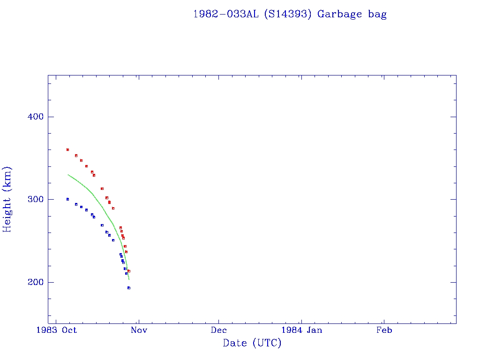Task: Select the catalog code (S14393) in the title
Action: (x=288, y=14)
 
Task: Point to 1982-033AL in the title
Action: (x=226, y=14)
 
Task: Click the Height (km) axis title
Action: (x=7, y=199)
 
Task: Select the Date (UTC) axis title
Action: (x=252, y=343)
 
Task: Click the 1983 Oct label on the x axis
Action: (x=57, y=330)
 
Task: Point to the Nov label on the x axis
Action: (x=139, y=330)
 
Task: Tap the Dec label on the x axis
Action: (x=219, y=330)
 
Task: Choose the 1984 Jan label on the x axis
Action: (x=301, y=330)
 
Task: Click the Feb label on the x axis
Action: (x=384, y=330)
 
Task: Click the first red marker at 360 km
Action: (x=67, y=150)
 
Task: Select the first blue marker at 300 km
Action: (x=67, y=199)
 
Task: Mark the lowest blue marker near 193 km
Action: (x=129, y=288)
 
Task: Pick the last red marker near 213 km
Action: (x=129, y=271)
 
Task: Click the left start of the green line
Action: (x=68, y=174)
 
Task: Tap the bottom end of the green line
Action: (x=129, y=279)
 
